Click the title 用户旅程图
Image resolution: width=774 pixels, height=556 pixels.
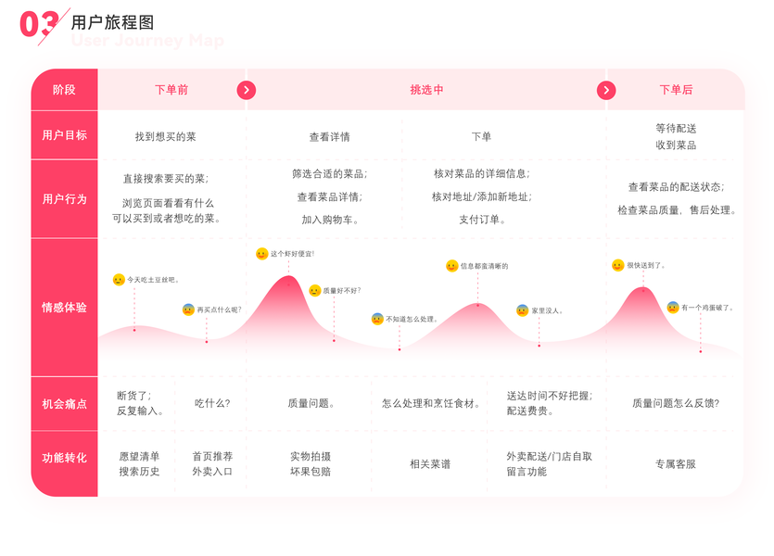click(x=112, y=22)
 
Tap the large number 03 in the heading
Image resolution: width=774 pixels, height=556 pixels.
click(x=40, y=25)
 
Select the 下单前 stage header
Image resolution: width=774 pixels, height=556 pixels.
click(x=171, y=90)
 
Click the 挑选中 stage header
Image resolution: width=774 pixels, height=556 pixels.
click(x=426, y=90)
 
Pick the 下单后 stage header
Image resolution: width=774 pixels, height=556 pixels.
click(x=676, y=90)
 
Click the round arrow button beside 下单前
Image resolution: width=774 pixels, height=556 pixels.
click(x=246, y=90)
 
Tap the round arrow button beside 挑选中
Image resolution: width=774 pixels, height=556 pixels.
click(x=606, y=90)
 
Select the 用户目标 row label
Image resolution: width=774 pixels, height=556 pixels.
click(x=64, y=135)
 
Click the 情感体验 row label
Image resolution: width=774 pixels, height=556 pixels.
click(x=64, y=307)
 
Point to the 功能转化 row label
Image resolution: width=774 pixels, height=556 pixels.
click(x=64, y=458)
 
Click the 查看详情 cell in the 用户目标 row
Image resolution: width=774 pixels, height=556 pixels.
click(x=330, y=137)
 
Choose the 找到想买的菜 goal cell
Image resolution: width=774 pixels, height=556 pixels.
click(x=166, y=137)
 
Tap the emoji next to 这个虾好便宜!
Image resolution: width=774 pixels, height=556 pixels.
click(x=262, y=254)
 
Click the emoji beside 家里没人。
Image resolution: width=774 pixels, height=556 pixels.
click(x=523, y=310)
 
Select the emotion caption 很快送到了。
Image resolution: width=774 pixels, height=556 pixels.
click(x=646, y=266)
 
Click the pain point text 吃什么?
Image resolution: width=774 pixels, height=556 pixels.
click(x=212, y=403)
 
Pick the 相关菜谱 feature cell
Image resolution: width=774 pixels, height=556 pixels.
click(x=430, y=464)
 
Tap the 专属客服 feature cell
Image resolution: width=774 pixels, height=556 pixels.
click(x=675, y=464)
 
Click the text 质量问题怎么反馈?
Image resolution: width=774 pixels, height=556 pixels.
click(x=675, y=403)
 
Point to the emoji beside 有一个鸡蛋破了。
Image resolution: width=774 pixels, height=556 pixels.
click(x=673, y=308)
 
